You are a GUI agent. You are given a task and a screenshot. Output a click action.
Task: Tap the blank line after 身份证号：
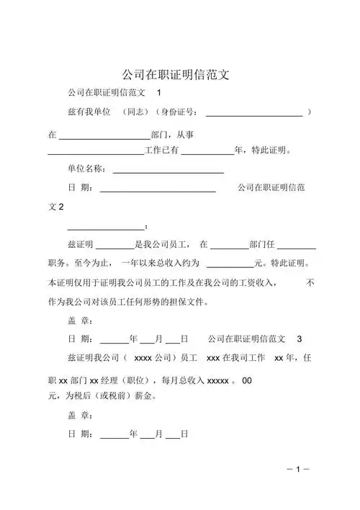coord(254,114)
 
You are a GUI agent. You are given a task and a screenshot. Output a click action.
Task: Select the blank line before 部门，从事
coord(104,135)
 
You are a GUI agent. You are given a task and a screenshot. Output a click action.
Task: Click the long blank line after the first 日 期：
coord(157,189)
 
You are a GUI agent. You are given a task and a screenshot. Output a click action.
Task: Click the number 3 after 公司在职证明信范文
coord(300,339)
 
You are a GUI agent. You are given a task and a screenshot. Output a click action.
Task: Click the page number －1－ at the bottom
coord(297,469)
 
